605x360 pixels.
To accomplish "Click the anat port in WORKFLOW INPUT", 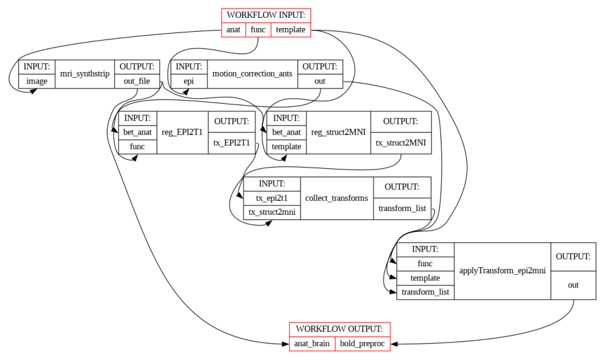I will pyautogui.click(x=233, y=29).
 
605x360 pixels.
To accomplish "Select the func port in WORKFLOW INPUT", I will pyautogui.click(x=258, y=29).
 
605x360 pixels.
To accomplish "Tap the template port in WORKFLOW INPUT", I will pyautogui.click(x=290, y=29).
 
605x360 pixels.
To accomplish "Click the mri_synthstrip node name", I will pyautogui.click(x=85, y=74).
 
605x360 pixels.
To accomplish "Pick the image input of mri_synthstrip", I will pyautogui.click(x=37, y=81).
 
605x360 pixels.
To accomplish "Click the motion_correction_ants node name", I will pyautogui.click(x=252, y=74).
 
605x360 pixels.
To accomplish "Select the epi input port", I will pyautogui.click(x=188, y=81).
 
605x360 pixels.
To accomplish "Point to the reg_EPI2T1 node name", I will pyautogui.click(x=182, y=133).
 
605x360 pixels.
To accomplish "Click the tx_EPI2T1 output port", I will pyautogui.click(x=232, y=142).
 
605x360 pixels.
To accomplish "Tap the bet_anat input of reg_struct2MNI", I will pyautogui.click(x=286, y=132).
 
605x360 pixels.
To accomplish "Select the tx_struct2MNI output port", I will pyautogui.click(x=401, y=142).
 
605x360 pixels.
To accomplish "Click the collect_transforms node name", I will pyautogui.click(x=336, y=198).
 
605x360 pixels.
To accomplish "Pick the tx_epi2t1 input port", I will pyautogui.click(x=272, y=198).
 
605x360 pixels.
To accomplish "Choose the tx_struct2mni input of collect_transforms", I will pyautogui.click(x=272, y=212).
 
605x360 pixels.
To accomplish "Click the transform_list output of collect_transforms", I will pyautogui.click(x=402, y=208).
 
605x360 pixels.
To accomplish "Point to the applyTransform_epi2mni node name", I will pyautogui.click(x=502, y=271).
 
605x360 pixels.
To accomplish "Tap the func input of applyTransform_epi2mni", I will pyautogui.click(x=425, y=263).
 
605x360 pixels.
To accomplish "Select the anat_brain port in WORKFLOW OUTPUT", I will pyautogui.click(x=312, y=343).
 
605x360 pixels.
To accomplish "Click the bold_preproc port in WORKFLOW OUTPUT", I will pyautogui.click(x=362, y=343).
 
